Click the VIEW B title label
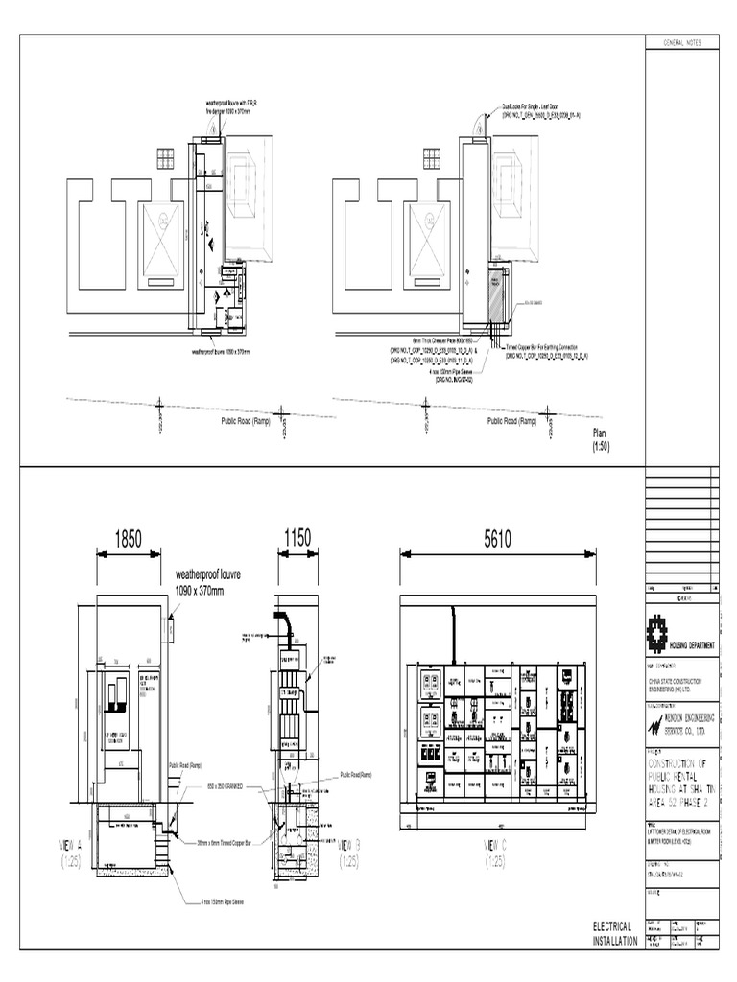[351, 851]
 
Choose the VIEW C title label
[496, 851]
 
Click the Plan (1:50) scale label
[600, 440]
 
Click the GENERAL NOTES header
[677, 45]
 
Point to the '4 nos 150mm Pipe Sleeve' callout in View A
[215, 900]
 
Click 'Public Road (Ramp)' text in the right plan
[511, 420]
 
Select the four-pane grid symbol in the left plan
[166, 158]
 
